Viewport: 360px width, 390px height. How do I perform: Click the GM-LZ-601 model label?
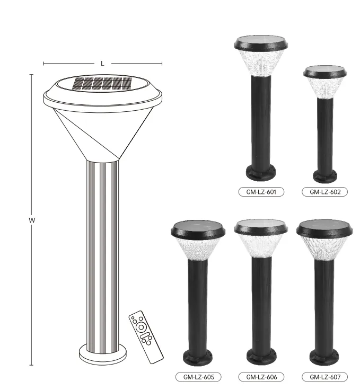[x=261, y=192]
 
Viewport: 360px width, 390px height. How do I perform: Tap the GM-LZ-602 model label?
[x=324, y=192]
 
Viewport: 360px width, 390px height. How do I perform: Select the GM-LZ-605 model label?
[x=198, y=377]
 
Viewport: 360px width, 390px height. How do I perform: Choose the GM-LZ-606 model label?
[x=261, y=377]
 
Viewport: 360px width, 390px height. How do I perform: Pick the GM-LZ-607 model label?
[x=324, y=377]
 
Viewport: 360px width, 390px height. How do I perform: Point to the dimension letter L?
[x=102, y=64]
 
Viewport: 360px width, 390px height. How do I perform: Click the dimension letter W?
[x=31, y=220]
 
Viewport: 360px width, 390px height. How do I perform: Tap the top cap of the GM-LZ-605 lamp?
[x=198, y=229]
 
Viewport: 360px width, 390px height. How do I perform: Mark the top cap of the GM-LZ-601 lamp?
[x=261, y=43]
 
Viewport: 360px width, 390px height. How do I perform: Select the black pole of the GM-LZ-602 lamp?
[x=324, y=132]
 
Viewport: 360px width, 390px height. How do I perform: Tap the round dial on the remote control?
[x=141, y=328]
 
